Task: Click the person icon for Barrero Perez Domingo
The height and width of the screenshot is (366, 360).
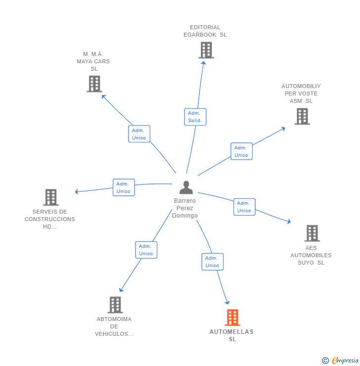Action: [x=186, y=187]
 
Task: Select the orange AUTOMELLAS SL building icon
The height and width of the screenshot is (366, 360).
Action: [x=232, y=318]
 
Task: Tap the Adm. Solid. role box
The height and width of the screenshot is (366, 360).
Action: [x=195, y=117]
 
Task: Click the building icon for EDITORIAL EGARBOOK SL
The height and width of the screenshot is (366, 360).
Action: [x=206, y=50]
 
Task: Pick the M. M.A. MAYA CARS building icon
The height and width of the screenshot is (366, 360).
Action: [x=94, y=84]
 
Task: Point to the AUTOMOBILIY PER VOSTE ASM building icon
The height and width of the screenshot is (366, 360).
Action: [x=302, y=116]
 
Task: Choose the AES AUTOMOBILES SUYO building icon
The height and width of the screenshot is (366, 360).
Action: [x=312, y=233]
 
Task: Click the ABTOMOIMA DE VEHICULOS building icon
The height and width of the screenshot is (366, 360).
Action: [x=115, y=305]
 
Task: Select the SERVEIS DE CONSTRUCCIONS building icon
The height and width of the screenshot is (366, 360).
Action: [x=51, y=197]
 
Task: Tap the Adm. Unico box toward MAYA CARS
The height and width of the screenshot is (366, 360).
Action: [x=139, y=134]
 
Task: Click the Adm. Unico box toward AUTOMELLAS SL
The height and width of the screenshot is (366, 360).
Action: [x=212, y=262]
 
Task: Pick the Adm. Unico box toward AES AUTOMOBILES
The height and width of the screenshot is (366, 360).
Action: [x=244, y=207]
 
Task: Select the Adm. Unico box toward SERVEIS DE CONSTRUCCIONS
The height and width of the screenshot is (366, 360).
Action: [x=124, y=187]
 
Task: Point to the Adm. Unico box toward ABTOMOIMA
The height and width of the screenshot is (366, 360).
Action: [x=146, y=250]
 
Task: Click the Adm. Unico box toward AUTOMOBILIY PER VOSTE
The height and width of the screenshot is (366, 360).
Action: [x=241, y=151]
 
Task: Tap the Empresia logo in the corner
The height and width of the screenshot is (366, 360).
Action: [x=340, y=360]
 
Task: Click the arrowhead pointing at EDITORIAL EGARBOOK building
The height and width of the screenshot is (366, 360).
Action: [x=204, y=63]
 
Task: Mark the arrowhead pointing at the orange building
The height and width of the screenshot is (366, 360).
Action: [x=227, y=303]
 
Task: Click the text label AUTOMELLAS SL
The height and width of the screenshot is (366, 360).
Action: [x=231, y=335]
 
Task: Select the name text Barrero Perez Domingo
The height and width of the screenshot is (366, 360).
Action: [x=185, y=208]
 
